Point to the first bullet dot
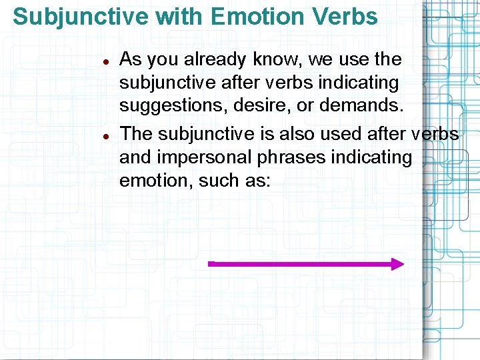click(x=105, y=61)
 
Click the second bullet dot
click(x=105, y=135)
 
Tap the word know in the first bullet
click(x=277, y=59)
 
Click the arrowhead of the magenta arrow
click(x=397, y=264)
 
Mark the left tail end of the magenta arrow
click(x=211, y=264)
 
